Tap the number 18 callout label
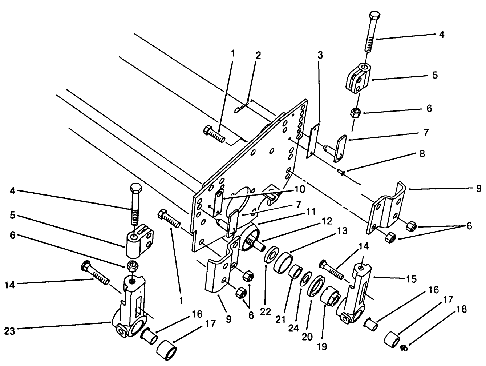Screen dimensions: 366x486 click(462, 310)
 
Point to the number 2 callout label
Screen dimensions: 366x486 click(258, 56)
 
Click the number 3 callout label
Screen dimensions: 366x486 click(320, 55)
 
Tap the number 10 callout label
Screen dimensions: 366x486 click(300, 189)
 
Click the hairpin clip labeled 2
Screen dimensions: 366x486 click(242, 108)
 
